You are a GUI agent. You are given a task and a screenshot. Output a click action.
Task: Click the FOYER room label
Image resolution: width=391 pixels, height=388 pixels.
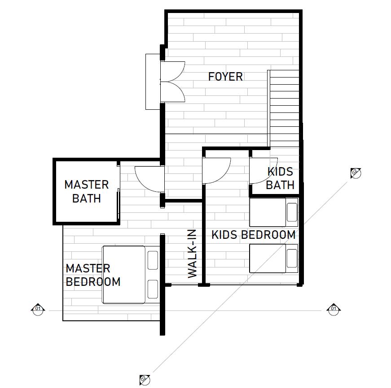225,77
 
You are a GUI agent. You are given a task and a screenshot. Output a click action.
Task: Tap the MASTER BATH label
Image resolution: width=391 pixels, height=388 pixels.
87,192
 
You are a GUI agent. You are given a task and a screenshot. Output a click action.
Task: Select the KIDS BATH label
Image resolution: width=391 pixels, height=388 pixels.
280,178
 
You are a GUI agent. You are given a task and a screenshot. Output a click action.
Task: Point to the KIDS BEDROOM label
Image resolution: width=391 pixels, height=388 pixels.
253,235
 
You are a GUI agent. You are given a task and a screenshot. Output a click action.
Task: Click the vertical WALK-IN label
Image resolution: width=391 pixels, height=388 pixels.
192,254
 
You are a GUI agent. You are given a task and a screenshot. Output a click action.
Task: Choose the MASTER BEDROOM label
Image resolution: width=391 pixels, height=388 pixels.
93,275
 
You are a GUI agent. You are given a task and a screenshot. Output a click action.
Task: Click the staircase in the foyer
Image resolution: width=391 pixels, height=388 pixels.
283,108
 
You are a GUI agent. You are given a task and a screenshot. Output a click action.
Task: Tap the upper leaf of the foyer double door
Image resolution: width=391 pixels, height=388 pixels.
172,71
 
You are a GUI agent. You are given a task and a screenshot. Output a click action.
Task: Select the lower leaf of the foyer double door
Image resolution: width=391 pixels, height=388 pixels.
172,92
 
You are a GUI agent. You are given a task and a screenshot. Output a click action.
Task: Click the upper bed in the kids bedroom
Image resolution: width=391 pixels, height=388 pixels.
274,212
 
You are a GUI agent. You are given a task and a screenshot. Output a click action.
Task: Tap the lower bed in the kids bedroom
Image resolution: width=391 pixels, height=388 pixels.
274,259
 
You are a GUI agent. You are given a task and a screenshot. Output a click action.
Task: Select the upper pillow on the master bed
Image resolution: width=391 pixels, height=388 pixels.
153,260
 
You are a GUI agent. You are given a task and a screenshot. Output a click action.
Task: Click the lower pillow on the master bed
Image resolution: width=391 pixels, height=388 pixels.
153,289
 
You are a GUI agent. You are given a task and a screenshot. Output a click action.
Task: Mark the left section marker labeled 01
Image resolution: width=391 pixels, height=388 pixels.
38,310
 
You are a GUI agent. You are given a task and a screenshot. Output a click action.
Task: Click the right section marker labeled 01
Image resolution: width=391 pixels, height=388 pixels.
334,310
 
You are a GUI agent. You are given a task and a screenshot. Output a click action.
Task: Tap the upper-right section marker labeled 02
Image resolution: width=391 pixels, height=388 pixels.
356,173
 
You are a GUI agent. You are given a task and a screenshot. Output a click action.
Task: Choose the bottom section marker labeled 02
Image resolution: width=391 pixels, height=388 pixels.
145,380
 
